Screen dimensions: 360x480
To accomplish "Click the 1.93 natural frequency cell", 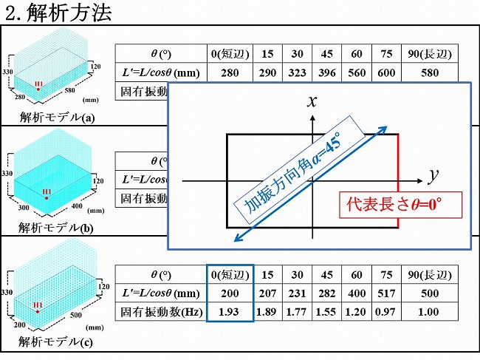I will point(230,312).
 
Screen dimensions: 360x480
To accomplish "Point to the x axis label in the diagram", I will point(312,102).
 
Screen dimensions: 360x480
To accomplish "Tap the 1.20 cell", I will point(354,312).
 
